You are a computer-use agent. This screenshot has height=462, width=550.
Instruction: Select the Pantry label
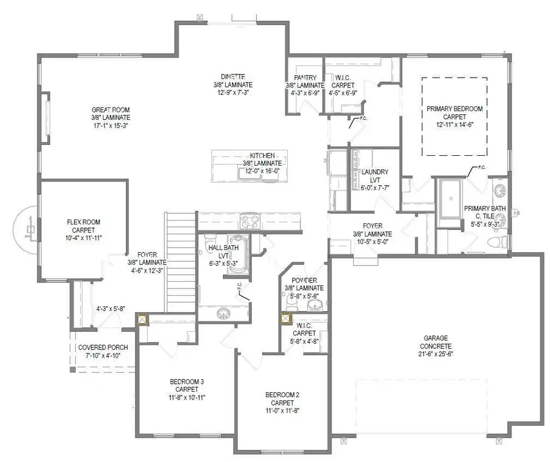point(305,78)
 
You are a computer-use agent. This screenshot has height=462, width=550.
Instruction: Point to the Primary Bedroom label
point(455,109)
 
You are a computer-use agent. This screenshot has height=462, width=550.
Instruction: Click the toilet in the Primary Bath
point(497,243)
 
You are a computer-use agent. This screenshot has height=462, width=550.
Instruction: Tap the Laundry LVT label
point(372,176)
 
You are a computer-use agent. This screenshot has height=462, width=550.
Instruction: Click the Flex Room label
point(83,223)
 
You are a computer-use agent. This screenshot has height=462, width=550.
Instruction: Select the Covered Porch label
point(103,347)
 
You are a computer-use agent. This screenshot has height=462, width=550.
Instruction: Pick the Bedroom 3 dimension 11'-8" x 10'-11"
point(186,397)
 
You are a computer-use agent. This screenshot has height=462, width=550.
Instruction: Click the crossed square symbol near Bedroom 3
point(143,319)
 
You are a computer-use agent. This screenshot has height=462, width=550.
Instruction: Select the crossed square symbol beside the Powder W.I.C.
point(285,318)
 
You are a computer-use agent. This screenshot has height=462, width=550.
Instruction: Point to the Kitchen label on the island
point(262,156)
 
